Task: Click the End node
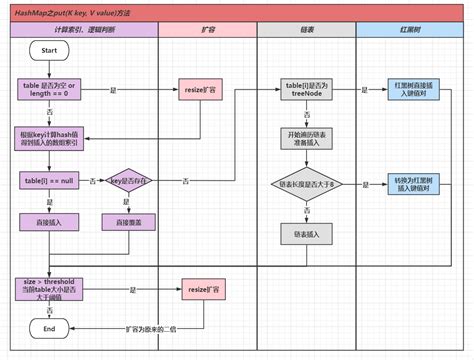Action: pyautogui.click(x=49, y=327)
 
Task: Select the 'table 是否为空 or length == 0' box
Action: pyautogui.click(x=49, y=91)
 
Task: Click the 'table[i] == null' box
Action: pyautogui.click(x=49, y=180)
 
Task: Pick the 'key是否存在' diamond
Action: pyautogui.click(x=133, y=180)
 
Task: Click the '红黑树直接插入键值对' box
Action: pyautogui.click(x=413, y=91)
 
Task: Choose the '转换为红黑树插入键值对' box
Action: pyautogui.click(x=413, y=183)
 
